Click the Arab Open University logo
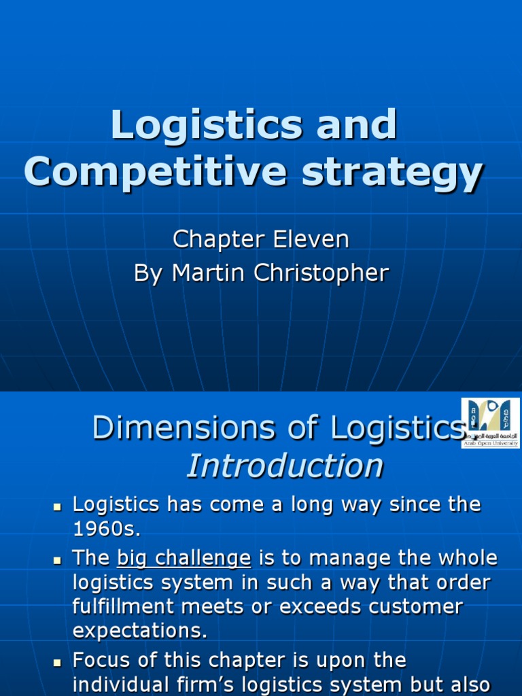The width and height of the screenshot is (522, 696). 490,423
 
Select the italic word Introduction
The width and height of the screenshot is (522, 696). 285,466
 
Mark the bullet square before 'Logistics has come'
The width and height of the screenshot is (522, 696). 58,506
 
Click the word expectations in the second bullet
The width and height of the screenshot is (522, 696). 139,630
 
